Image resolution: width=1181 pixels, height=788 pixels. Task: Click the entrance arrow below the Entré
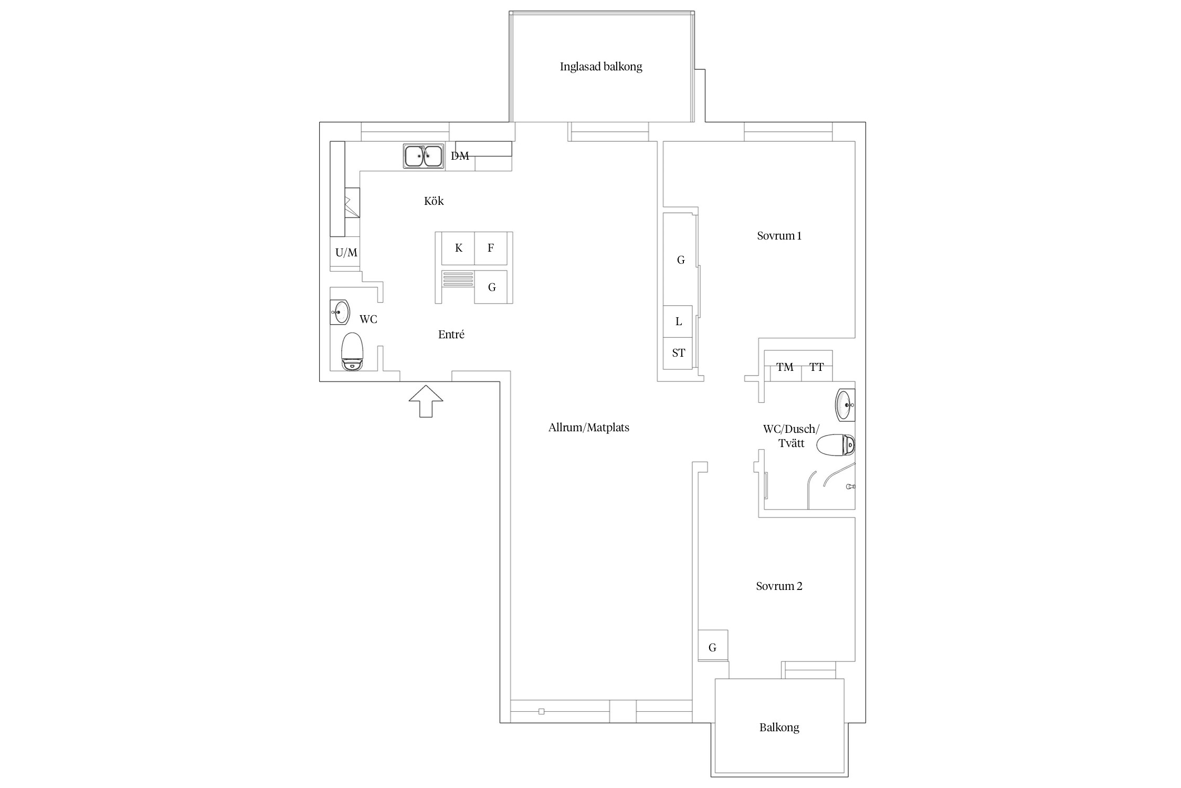click(426, 401)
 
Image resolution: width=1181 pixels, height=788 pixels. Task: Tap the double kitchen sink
click(424, 156)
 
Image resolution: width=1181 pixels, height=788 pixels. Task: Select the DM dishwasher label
click(460, 156)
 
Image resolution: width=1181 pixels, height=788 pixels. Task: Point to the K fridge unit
click(458, 248)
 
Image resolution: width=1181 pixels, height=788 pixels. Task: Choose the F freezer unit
click(491, 248)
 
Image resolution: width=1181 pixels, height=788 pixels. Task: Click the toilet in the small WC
click(352, 351)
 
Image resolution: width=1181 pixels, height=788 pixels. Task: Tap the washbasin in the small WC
click(341, 312)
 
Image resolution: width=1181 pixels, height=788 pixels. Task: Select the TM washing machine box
click(785, 366)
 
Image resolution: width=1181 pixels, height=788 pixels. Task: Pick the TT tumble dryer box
click(817, 366)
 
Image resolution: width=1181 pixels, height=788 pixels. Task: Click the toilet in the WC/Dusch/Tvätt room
click(836, 445)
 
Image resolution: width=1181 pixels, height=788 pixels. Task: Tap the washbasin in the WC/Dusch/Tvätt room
click(845, 405)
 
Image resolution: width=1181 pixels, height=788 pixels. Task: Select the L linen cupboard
click(678, 322)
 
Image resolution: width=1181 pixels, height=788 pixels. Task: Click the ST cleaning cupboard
click(678, 353)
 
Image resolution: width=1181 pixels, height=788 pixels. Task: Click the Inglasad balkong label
click(601, 67)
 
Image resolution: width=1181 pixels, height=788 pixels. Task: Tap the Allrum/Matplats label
click(588, 428)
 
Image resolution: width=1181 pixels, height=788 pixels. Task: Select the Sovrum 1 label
click(779, 236)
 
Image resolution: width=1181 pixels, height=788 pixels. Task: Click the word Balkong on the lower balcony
click(779, 728)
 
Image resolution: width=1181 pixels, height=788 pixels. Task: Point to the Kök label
click(434, 201)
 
